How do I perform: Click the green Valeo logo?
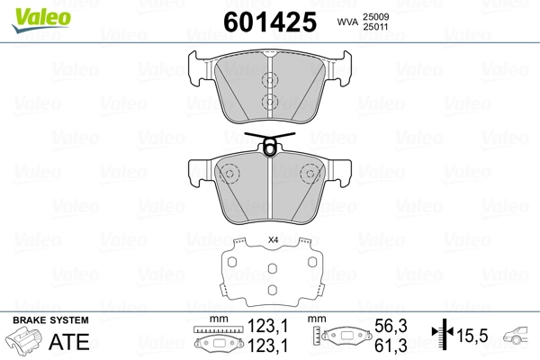point(41,20)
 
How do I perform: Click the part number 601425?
point(270,22)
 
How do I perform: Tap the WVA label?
point(347,22)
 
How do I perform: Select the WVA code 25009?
point(375,16)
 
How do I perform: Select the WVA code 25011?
point(375,27)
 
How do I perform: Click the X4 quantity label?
point(273,240)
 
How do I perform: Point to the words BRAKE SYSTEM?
point(50,320)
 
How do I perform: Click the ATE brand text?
point(69,341)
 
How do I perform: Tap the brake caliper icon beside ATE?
point(23,339)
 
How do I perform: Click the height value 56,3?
point(391,326)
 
